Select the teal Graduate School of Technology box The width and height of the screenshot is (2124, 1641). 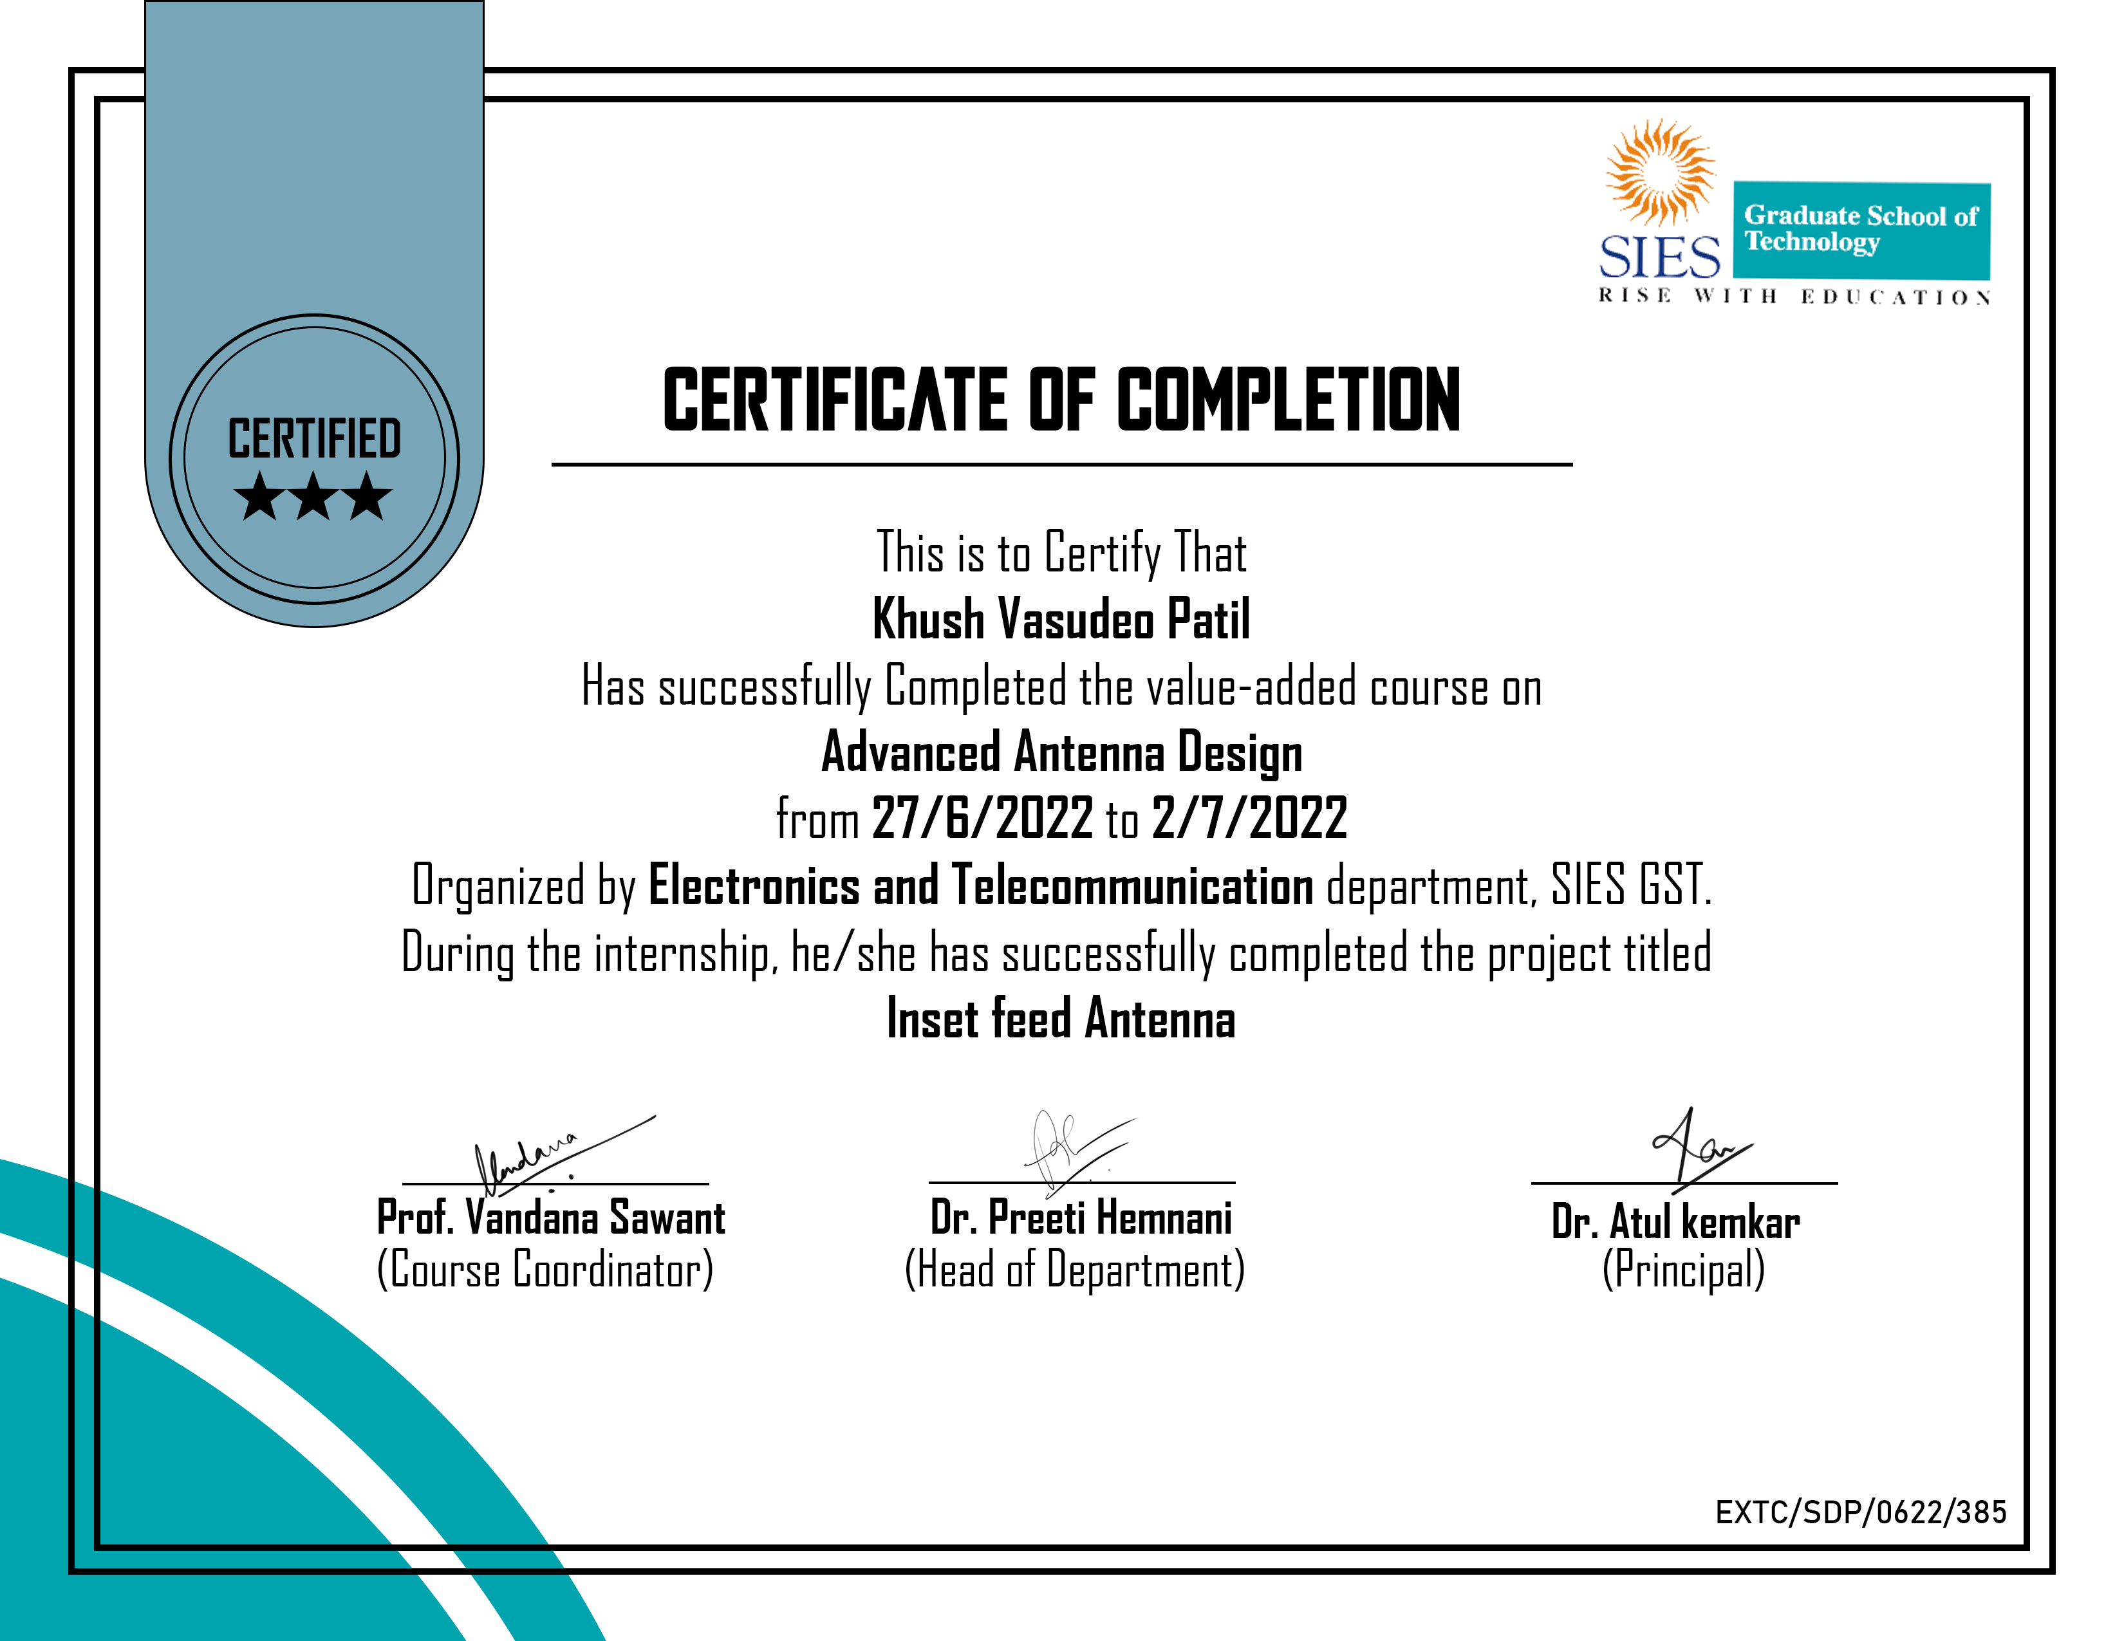[x=1861, y=230]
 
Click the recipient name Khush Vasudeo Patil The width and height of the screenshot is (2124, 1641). [x=1061, y=619]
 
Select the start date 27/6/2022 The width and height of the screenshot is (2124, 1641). [x=982, y=817]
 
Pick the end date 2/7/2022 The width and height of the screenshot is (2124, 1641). [x=1250, y=817]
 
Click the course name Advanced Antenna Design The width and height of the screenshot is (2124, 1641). [x=1061, y=752]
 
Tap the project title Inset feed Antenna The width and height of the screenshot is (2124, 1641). [x=1061, y=1019]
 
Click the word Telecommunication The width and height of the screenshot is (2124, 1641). [x=1132, y=885]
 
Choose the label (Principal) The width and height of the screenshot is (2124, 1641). [x=1682, y=1270]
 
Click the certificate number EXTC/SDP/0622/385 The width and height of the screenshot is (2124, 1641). [x=1861, y=1512]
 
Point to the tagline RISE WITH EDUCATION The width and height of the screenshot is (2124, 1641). [x=1794, y=297]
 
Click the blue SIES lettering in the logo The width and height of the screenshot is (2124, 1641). [x=1659, y=257]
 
